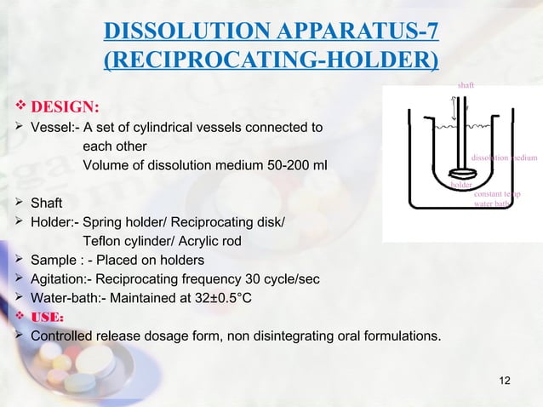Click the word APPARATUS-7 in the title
(358, 33)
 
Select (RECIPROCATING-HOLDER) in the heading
(271, 62)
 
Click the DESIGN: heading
(66, 107)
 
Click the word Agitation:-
(59, 278)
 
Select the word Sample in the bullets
(52, 260)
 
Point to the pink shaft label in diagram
(466, 86)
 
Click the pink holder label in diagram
(461, 184)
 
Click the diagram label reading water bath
(491, 204)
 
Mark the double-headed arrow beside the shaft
(454, 109)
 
